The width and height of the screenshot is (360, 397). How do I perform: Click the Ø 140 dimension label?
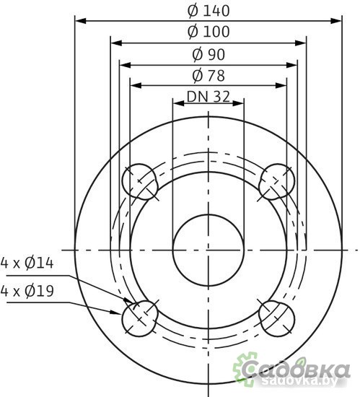208,11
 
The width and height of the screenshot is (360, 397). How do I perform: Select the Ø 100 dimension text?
208,32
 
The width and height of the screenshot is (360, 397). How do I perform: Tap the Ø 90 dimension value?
208,54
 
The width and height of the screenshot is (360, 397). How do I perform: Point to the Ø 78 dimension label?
208,75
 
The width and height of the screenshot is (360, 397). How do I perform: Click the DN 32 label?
208,96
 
